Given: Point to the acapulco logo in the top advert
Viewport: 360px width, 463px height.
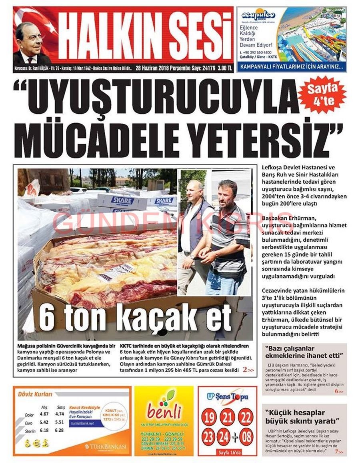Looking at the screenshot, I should pos(258,16).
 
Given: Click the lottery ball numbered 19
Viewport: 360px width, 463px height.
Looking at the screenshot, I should pos(208,418).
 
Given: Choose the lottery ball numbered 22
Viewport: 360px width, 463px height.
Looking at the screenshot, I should pos(246,418).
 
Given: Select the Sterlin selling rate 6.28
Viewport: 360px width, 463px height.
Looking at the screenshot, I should pos(59,430).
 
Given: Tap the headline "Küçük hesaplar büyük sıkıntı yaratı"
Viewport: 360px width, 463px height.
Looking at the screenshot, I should pos(302,417).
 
